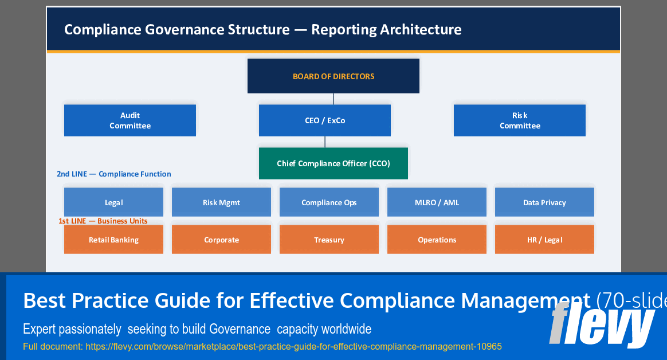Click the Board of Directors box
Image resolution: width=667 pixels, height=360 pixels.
[333, 76]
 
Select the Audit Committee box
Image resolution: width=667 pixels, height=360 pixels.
[130, 120]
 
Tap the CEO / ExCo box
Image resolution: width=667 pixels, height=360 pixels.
[325, 120]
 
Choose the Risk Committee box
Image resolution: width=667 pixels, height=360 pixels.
[520, 120]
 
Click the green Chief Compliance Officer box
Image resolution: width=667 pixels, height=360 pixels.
[333, 163]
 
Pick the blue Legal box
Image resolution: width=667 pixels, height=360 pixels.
[113, 202]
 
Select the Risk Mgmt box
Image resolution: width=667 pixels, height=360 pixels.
[221, 202]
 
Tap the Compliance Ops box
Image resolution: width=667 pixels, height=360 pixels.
[329, 202]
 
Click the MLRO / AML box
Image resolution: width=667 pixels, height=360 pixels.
[437, 202]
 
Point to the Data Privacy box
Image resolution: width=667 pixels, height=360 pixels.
[544, 202]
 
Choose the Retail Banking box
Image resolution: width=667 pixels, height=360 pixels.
[113, 240]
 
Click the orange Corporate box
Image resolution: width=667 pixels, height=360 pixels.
[221, 240]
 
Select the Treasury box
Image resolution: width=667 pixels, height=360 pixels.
[329, 240]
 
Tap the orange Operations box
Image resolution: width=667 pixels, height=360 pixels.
[437, 240]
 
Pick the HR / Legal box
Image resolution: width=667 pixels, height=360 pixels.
[544, 240]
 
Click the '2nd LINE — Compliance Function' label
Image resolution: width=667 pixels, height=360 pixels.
[113, 174]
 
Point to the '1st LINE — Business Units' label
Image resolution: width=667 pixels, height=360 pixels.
[103, 221]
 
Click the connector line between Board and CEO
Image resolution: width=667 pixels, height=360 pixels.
[333, 99]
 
